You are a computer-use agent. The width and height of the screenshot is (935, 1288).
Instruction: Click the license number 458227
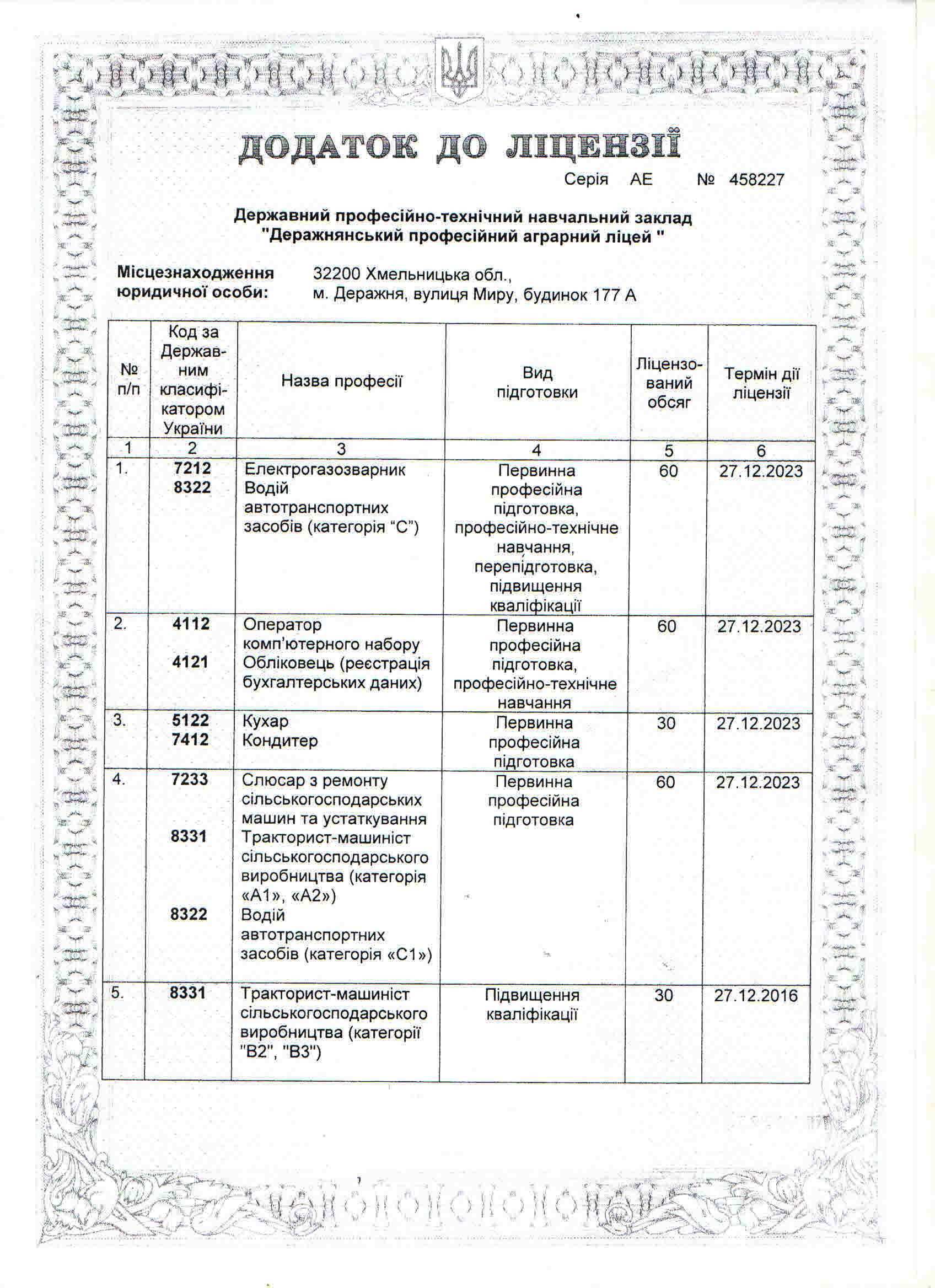tap(757, 180)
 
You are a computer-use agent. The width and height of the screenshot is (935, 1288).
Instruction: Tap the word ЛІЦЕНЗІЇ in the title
tap(592, 147)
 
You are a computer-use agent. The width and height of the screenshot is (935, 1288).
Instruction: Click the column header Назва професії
tap(341, 381)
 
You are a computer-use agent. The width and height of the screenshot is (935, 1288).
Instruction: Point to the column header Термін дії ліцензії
tap(761, 383)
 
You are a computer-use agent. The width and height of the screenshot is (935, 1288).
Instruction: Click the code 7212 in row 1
tap(192, 469)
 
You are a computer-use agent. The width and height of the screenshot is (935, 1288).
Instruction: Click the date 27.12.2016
tap(756, 996)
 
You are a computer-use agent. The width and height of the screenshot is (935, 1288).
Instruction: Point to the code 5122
tap(191, 720)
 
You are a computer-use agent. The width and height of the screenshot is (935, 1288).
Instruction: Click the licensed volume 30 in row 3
tap(666, 723)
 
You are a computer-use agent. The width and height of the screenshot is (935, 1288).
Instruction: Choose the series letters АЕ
tap(641, 180)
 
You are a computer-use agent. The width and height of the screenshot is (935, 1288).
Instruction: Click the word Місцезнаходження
tap(195, 273)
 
